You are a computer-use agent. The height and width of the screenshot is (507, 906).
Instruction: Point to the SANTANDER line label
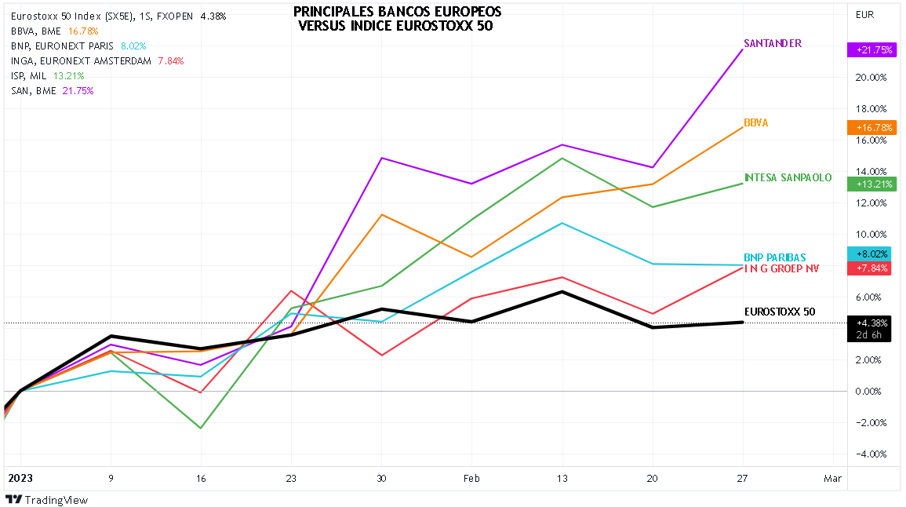(772, 44)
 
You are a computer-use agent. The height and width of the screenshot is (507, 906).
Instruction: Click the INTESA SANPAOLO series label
(787, 177)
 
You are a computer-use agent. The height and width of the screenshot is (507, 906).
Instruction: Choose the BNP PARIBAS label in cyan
(775, 257)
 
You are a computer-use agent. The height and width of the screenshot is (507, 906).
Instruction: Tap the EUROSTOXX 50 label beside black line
(780, 312)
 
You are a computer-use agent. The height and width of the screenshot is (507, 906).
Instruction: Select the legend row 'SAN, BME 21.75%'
(53, 90)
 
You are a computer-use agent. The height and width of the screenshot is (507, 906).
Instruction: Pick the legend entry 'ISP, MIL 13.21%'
(48, 75)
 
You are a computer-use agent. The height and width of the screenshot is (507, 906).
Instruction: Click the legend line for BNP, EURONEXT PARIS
(78, 46)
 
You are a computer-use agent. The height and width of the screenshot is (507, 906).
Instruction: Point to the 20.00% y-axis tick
(870, 77)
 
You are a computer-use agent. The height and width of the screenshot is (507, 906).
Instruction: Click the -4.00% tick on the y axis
(870, 454)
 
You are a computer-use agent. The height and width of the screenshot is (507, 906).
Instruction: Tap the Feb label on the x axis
(471, 477)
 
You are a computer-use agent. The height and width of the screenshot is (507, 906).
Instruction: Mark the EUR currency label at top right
(865, 14)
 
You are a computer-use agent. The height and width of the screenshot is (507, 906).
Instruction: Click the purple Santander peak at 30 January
(381, 158)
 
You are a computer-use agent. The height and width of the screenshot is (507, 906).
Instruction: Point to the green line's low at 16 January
(201, 428)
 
